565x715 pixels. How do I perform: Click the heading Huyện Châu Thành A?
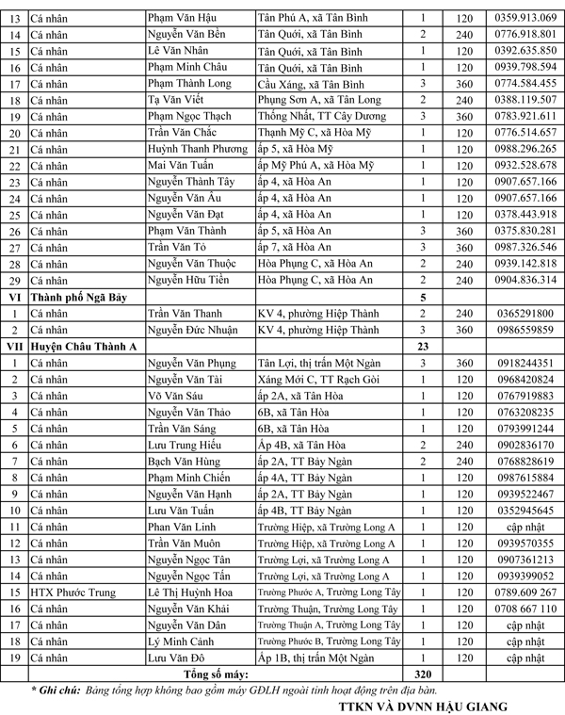click(84, 347)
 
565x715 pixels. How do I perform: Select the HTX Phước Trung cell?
click(72, 593)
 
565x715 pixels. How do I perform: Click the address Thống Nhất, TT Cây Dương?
click(319, 116)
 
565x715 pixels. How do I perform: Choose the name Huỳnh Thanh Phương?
click(196, 149)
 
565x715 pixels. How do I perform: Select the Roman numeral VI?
click(15, 297)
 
